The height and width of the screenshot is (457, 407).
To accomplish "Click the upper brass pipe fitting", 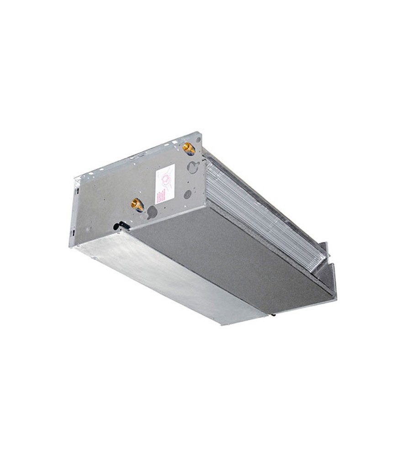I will [188, 148].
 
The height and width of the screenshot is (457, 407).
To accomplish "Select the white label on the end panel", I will [165, 184].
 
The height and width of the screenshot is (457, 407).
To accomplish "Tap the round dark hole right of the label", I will [187, 194].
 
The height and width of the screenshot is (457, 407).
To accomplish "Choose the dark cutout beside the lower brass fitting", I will [152, 212].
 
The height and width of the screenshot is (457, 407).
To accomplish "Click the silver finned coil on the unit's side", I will [260, 215].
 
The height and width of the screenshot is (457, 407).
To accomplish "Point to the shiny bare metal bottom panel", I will [169, 283].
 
